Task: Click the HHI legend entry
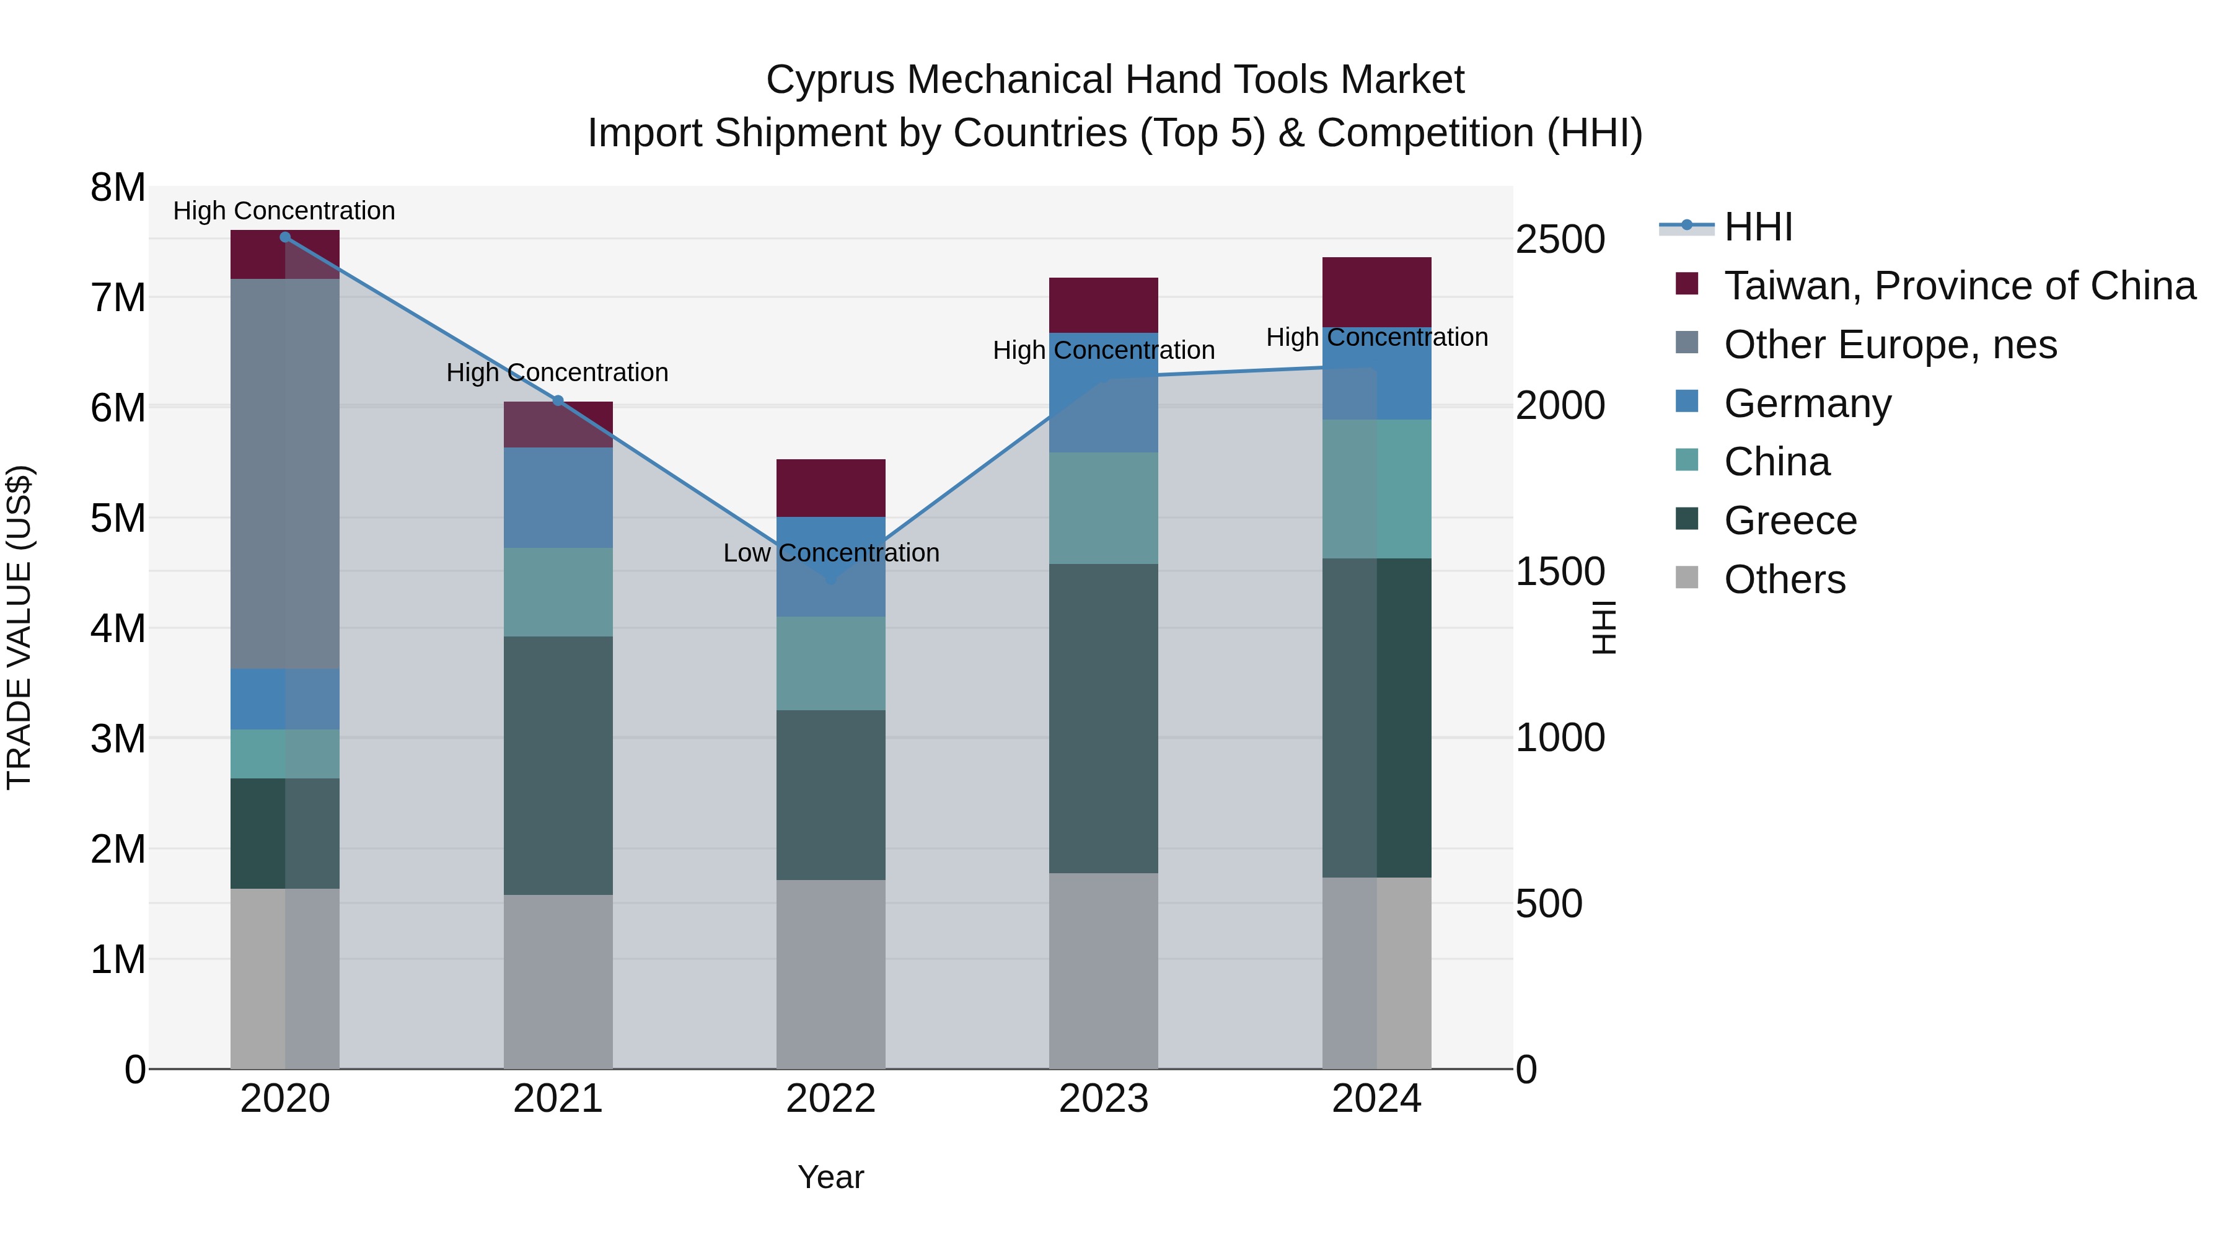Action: (x=1758, y=227)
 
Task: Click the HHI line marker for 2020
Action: (x=285, y=237)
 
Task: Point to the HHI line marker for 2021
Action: (x=558, y=401)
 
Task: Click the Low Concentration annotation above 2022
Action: (x=830, y=553)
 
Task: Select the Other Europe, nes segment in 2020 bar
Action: (x=285, y=473)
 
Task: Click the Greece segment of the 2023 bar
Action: (x=1103, y=718)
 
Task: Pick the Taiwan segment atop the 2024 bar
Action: (x=1376, y=292)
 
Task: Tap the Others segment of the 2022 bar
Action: (x=830, y=974)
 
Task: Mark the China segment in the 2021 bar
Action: (x=558, y=592)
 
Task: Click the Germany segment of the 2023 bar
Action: (x=1103, y=392)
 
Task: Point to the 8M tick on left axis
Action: (x=118, y=188)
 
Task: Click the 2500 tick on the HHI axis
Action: (x=1560, y=240)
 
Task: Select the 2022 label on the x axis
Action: (x=830, y=1099)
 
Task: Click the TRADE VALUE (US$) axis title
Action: (x=19, y=627)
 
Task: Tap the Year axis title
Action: (x=830, y=1177)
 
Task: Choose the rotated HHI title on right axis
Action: (x=1604, y=627)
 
